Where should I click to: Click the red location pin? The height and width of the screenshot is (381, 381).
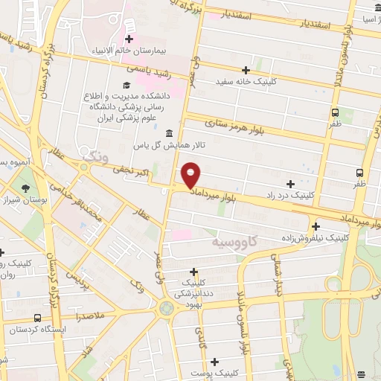(x=191, y=176)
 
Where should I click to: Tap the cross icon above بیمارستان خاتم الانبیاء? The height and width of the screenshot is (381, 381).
(x=129, y=39)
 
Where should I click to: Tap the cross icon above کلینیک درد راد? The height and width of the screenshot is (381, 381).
(x=290, y=183)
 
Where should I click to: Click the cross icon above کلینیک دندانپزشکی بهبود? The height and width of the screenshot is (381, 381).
(x=194, y=272)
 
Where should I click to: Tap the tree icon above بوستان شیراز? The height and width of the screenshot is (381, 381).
(x=28, y=188)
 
